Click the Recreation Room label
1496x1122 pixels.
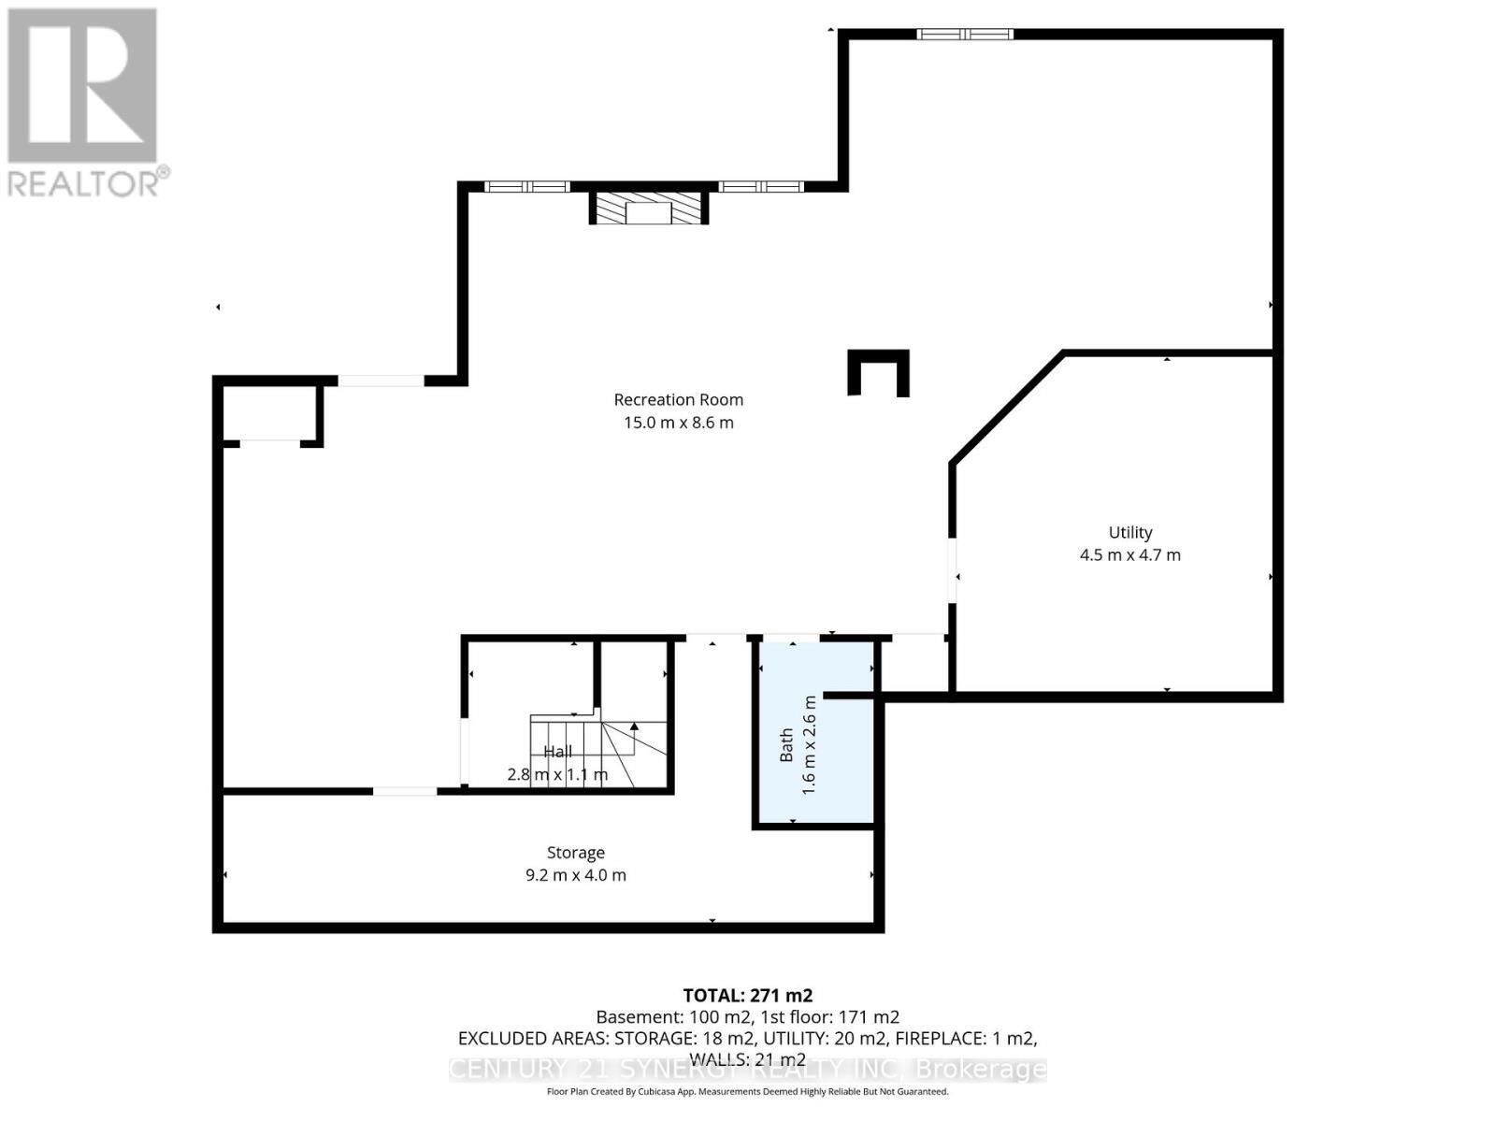point(678,399)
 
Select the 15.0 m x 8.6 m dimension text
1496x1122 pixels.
point(678,423)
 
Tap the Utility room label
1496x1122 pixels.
point(1129,532)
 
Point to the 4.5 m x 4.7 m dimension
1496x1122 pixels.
point(1129,554)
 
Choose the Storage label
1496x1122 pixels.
point(575,853)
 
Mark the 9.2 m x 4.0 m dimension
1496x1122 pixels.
point(575,875)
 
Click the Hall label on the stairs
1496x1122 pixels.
point(558,752)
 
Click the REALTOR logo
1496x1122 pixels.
point(84,103)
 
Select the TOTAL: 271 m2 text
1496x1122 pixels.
point(747,995)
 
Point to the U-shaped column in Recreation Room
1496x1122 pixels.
point(878,372)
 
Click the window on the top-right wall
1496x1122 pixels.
point(964,35)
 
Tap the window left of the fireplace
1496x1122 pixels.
point(526,186)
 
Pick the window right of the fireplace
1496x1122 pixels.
point(760,186)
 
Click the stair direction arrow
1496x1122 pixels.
point(634,726)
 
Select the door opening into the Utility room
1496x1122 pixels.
point(952,570)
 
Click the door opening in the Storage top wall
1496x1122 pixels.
point(404,791)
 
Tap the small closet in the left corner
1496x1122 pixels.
point(270,411)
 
